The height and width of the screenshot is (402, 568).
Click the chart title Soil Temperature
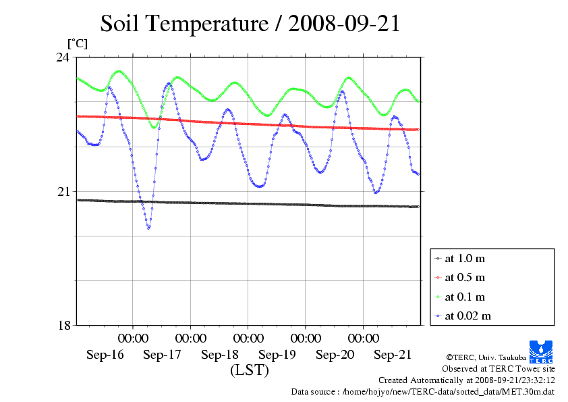coord(250,24)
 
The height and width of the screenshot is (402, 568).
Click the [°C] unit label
coord(77,43)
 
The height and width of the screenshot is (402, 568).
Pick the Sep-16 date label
coord(105,355)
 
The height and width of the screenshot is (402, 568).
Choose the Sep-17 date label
coord(162,355)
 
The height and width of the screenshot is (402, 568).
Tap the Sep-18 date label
coord(220,355)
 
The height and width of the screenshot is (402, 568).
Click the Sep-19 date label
coord(277,355)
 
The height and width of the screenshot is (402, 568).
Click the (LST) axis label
coord(249,370)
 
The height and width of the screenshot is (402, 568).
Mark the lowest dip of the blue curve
coord(148,228)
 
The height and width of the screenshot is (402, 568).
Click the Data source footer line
coord(422,391)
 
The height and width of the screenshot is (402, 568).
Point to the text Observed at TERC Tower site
coord(498,369)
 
